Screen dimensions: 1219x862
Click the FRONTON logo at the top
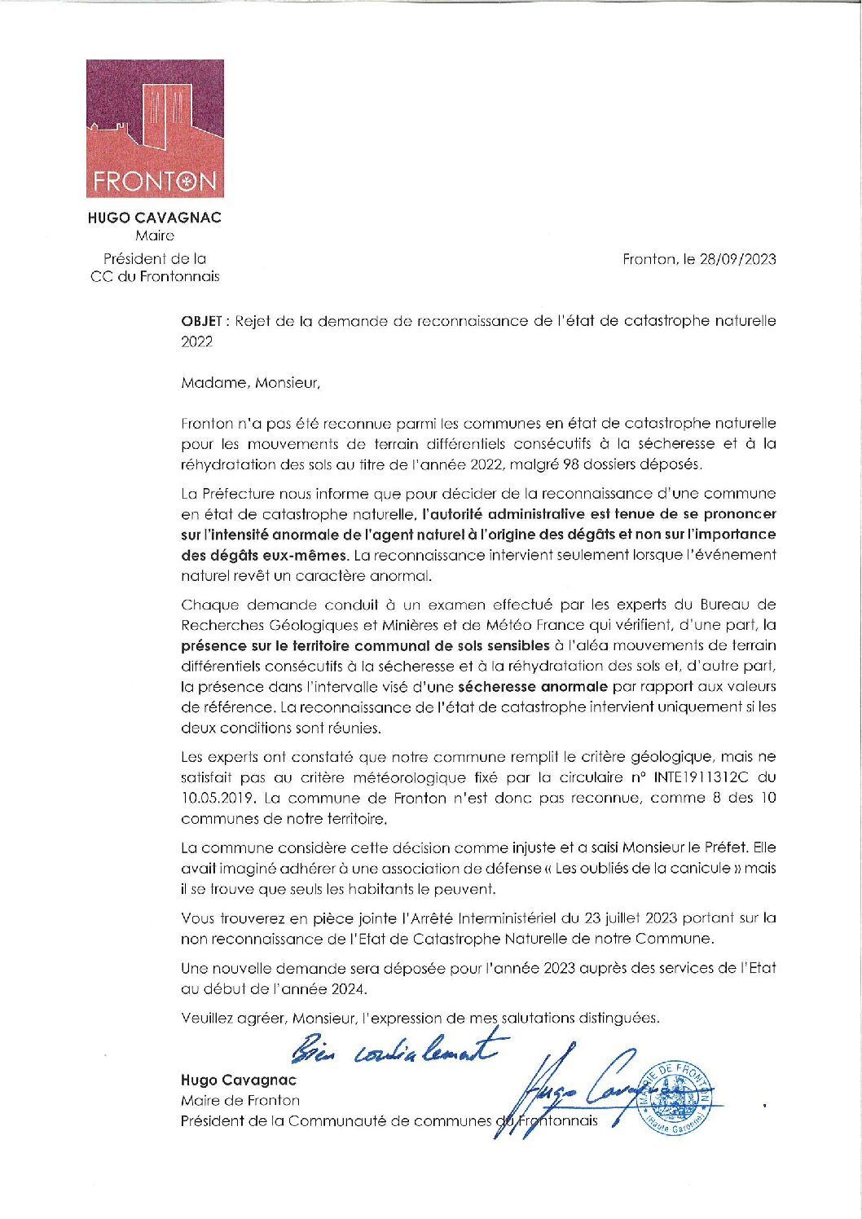pos(155,128)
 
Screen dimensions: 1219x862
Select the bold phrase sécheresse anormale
pos(533,686)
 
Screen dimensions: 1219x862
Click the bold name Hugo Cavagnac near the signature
pos(238,1080)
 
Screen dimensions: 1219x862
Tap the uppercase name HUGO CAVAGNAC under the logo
pos(154,218)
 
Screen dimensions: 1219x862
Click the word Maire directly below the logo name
pos(154,235)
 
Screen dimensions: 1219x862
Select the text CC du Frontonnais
pos(154,276)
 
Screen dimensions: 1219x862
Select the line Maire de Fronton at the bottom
pos(240,1100)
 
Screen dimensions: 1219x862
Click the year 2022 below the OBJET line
pos(196,342)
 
